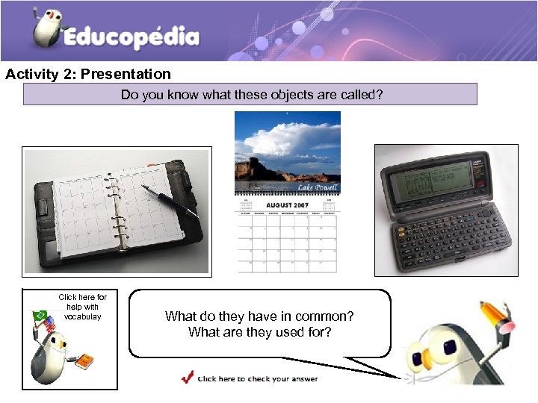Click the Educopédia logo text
[132, 37]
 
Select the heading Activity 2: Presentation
[88, 74]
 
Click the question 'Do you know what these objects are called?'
[250, 95]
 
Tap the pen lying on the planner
[176, 199]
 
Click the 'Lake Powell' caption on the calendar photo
[318, 187]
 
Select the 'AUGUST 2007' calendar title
[288, 204]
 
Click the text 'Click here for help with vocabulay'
[82, 307]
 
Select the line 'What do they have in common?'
[259, 316]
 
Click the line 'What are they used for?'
[259, 332]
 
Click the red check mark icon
[187, 377]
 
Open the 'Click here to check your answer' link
[258, 378]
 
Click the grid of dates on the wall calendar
[288, 243]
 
